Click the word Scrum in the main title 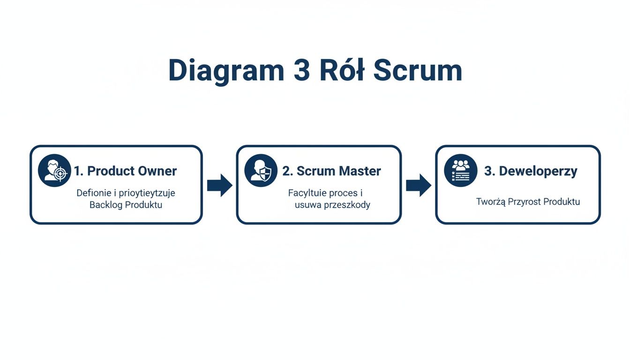coord(418,71)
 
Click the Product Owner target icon coord(54,171)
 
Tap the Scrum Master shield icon coord(261,171)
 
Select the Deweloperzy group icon coord(460,171)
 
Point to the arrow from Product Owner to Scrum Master coord(219,185)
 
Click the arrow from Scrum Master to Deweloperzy coord(418,185)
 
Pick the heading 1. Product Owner coord(125,171)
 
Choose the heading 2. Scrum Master coord(331,171)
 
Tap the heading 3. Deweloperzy coord(531,171)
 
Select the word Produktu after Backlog coord(143,205)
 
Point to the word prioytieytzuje coord(147,193)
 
